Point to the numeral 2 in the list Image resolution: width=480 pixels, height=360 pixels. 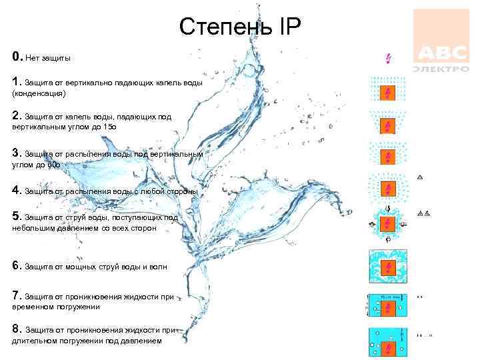tap(16, 115)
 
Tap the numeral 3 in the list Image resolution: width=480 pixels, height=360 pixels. tap(16, 153)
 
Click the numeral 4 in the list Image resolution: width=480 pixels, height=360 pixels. tap(16, 191)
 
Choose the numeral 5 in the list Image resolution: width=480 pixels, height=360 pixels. tap(16, 216)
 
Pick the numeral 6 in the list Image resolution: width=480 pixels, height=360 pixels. tap(16, 266)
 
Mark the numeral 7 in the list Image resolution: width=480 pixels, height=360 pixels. tap(16, 295)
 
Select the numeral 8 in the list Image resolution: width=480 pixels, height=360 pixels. tap(16, 329)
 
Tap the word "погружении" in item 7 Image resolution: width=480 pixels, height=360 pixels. tap(78, 307)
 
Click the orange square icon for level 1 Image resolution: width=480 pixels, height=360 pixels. tap(388, 92)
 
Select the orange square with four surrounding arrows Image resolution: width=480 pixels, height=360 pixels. tap(388, 225)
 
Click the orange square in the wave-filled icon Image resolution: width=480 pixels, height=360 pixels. tap(388, 268)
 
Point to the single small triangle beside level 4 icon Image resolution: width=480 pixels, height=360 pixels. tap(420, 177)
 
